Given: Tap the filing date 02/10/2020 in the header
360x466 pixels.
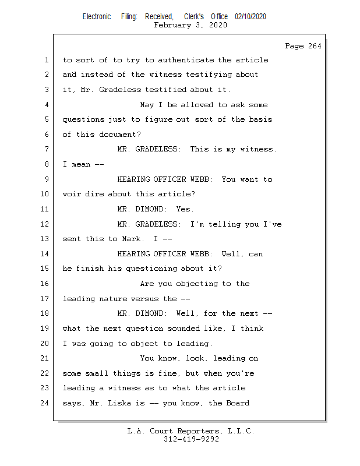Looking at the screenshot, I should pos(250,17).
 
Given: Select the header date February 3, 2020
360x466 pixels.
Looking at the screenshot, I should pos(190,26).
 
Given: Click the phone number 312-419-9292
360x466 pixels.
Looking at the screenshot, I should pos(190,439).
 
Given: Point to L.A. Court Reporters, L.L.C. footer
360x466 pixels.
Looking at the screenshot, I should pos(190,431).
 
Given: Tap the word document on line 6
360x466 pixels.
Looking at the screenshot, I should pos(115,135).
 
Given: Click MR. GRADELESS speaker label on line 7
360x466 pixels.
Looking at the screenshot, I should pos(149,149).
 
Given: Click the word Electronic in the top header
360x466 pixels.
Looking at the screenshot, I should pos(96,17).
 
